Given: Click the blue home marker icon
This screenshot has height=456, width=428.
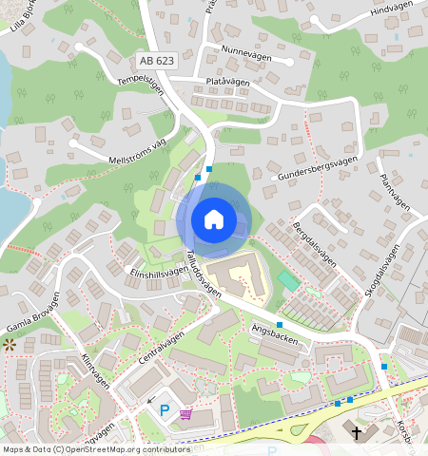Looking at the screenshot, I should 214,219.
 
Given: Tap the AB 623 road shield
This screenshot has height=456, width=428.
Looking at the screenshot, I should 158,60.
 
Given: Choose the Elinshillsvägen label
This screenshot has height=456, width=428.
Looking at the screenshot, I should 157,272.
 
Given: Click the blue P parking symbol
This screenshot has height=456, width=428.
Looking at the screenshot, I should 165,410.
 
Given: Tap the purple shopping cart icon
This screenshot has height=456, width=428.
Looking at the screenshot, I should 185,413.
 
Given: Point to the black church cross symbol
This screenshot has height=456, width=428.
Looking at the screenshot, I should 358,432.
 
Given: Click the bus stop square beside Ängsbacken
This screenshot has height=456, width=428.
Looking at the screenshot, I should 279,325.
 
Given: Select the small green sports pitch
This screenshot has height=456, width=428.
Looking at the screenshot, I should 287,282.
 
